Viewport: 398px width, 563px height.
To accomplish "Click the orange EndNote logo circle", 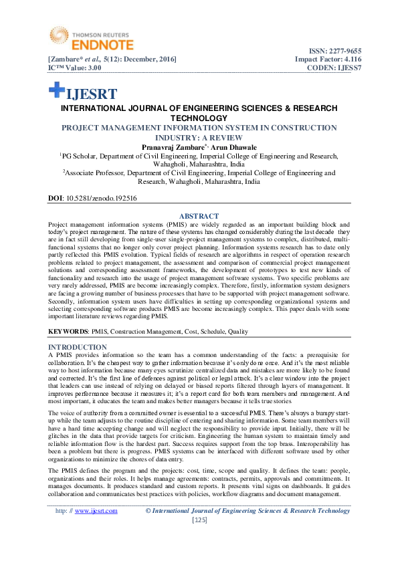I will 58,37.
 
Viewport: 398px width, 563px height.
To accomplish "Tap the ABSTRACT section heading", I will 199,216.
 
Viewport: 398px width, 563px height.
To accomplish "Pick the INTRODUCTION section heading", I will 78,347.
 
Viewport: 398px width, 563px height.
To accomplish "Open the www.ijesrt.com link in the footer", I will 96,511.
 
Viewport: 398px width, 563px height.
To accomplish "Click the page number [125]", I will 199,520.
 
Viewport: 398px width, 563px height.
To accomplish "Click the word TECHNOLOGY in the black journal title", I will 199,117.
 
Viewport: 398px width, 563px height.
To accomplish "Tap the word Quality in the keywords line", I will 238,332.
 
